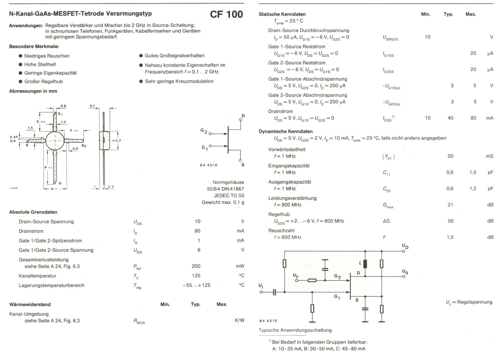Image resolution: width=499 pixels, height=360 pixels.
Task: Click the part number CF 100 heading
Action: pyautogui.click(x=226, y=14)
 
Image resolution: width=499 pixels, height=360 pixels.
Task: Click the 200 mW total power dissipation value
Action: pyautogui.click(x=196, y=266)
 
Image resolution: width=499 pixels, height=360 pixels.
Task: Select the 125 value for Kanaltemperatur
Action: pyautogui.click(x=196, y=276)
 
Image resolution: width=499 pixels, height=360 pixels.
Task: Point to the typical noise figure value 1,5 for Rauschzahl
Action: pyautogui.click(x=450, y=237)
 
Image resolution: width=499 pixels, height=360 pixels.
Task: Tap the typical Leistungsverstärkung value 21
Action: pyautogui.click(x=450, y=205)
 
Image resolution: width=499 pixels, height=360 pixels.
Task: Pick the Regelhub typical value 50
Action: pyautogui.click(x=450, y=221)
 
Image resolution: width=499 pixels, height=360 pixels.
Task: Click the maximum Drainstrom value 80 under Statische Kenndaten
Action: pyautogui.click(x=473, y=118)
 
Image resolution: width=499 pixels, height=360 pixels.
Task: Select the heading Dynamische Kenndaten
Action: pyautogui.click(x=285, y=132)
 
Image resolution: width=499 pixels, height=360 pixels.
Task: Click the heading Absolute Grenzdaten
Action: pyautogui.click(x=33, y=212)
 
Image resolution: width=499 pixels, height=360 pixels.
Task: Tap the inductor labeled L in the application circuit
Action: pyautogui.click(x=365, y=264)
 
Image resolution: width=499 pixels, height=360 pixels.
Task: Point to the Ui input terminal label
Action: pyautogui.click(x=261, y=286)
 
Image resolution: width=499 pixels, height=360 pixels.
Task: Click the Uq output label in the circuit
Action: pyautogui.click(x=405, y=272)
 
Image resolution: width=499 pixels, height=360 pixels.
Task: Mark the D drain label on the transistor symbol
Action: pyautogui.click(x=243, y=116)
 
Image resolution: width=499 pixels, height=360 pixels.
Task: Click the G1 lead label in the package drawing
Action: pyautogui.click(x=60, y=114)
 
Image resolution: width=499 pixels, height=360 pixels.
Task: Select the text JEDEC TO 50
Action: pyautogui.click(x=229, y=196)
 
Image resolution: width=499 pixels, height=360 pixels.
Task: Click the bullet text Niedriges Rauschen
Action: pyautogui.click(x=47, y=56)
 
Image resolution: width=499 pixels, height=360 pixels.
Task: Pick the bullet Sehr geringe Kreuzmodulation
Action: pyautogui.click(x=179, y=81)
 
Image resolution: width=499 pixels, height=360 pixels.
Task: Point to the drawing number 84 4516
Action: pyautogui.click(x=208, y=165)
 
